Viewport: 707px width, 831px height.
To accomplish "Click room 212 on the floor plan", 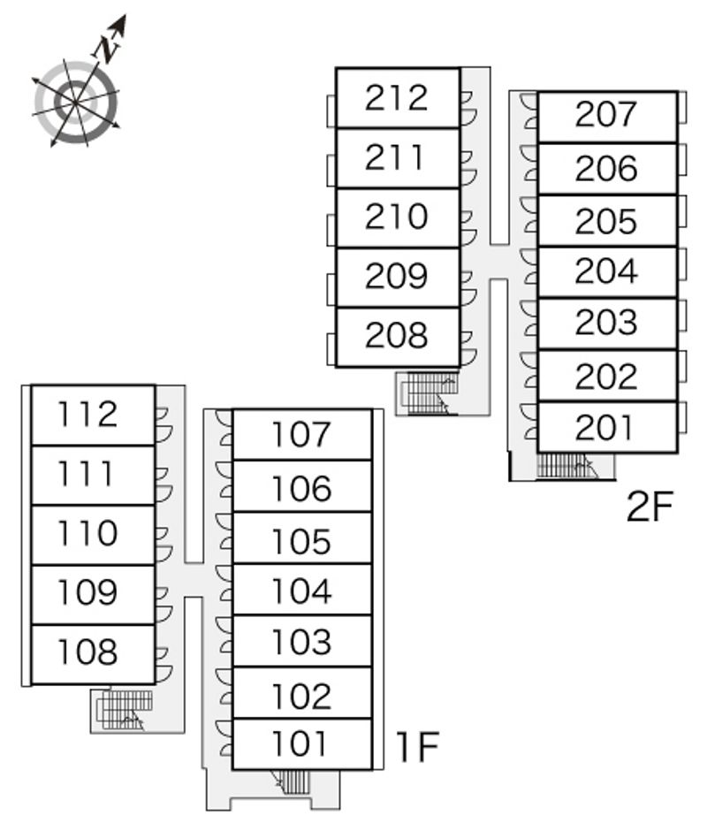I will pyautogui.click(x=397, y=98).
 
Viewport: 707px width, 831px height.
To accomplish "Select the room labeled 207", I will pyautogui.click(x=606, y=115).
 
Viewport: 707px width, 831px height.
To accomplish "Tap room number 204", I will pyautogui.click(x=606, y=271).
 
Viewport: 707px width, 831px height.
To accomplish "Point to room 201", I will pyautogui.click(x=606, y=428).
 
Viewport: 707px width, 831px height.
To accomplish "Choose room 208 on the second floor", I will pyautogui.click(x=397, y=336).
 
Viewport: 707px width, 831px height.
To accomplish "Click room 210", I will pyautogui.click(x=397, y=217).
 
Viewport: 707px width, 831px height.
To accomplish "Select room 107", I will pyautogui.click(x=301, y=434).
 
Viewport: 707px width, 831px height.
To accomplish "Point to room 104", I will pyautogui.click(x=301, y=590).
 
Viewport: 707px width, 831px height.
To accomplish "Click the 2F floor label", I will pyautogui.click(x=650, y=507).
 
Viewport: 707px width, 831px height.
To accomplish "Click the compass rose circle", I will pyautogui.click(x=76, y=103).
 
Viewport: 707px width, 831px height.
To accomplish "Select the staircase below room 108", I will pyautogui.click(x=124, y=709).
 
